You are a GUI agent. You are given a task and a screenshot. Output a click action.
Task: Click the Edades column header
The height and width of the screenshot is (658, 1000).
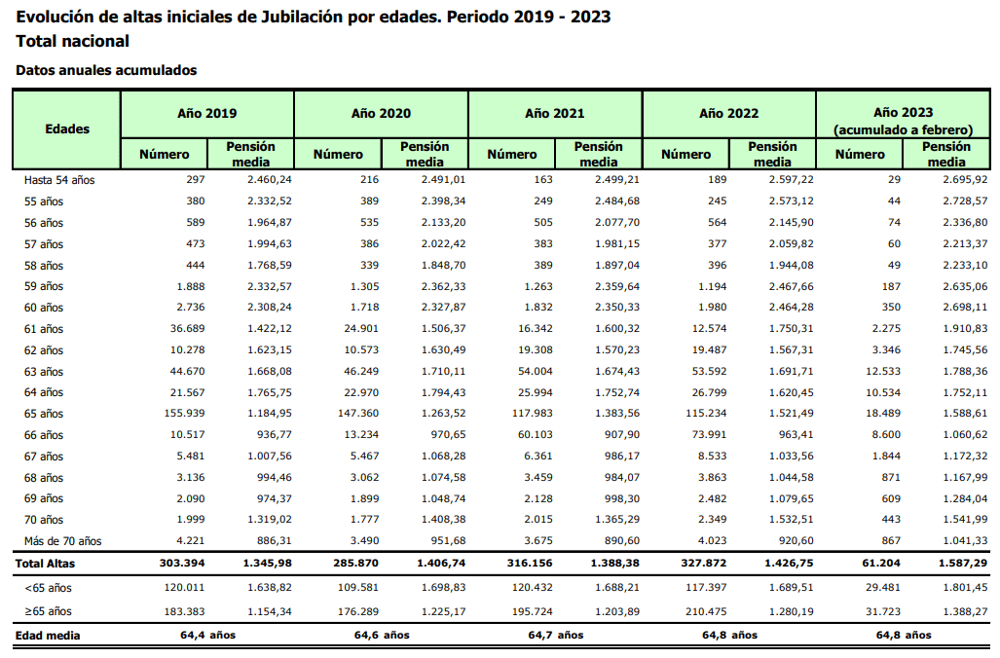[67, 128]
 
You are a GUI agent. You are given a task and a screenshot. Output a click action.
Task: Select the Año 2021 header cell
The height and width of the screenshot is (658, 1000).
[555, 114]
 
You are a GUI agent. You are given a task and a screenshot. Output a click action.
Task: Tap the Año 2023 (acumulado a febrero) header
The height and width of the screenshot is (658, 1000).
[903, 121]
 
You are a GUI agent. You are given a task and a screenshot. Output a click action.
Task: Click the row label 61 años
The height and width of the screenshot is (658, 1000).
[44, 329]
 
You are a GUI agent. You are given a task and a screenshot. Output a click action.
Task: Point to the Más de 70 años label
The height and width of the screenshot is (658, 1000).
[62, 541]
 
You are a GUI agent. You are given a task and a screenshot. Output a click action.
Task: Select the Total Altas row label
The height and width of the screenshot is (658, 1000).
[46, 564]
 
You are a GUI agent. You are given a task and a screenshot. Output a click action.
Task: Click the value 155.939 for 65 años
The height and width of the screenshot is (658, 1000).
[184, 413]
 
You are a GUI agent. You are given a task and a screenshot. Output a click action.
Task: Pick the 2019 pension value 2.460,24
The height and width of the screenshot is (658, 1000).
[270, 180]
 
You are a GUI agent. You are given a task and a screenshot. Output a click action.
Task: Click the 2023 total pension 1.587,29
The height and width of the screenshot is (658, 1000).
[962, 563]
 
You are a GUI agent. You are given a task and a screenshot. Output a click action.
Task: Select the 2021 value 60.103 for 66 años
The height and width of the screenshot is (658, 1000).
[532, 435]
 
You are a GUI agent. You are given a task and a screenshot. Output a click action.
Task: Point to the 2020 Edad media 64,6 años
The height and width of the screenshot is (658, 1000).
[382, 635]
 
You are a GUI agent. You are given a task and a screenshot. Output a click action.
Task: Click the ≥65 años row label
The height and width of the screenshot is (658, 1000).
[44, 611]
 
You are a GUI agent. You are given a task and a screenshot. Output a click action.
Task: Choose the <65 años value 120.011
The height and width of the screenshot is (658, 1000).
[184, 587]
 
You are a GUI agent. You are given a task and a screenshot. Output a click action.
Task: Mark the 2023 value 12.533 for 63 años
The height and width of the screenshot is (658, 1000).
[883, 371]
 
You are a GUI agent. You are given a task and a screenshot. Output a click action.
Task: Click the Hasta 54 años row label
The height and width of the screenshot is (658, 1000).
[59, 180]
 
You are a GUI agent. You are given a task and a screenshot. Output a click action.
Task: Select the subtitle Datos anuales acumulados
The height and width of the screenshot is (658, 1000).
[106, 70]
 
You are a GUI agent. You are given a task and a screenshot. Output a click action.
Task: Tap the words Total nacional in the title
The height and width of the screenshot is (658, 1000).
[73, 42]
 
